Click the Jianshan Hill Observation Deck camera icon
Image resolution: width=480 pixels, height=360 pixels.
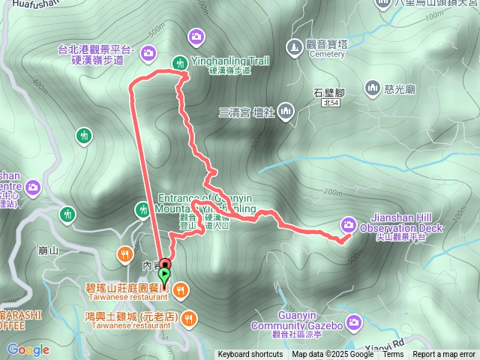(x=349, y=223)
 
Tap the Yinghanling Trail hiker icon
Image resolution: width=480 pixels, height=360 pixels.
(x=180, y=63)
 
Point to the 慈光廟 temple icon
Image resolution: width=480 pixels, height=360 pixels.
(x=373, y=90)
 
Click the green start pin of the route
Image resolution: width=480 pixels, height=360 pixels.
(x=165, y=276)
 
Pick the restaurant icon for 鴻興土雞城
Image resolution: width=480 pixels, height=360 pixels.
(x=187, y=317)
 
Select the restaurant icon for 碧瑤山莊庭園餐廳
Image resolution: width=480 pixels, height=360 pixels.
(x=181, y=289)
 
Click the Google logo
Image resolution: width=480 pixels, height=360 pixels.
(x=28, y=349)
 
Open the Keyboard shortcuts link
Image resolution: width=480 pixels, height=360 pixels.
(x=251, y=355)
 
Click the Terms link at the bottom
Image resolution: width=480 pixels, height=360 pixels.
(x=393, y=355)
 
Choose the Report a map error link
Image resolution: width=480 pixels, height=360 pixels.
(x=445, y=355)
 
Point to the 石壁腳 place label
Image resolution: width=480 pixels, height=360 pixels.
(x=329, y=93)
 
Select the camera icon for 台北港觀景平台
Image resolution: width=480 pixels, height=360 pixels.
(x=148, y=52)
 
